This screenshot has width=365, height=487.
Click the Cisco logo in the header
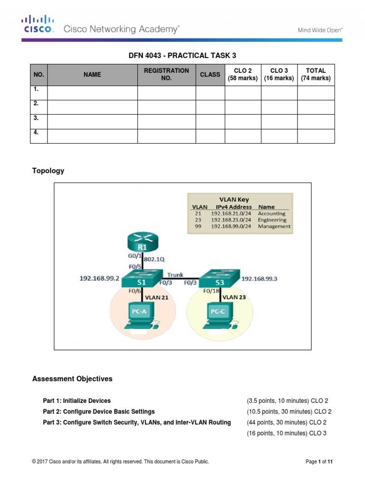(x=38, y=24)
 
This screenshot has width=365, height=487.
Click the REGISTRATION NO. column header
(x=166, y=74)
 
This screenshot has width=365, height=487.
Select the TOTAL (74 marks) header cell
(x=316, y=74)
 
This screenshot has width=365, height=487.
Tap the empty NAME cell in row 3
(x=92, y=122)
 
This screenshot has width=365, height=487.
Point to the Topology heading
(x=48, y=171)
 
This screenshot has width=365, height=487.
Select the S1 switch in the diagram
(x=142, y=279)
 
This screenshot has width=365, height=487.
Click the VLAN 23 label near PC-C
(x=235, y=297)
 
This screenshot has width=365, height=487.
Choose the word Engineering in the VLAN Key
(x=272, y=220)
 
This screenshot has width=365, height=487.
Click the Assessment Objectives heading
(x=72, y=379)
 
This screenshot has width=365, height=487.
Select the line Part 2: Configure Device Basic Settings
(x=98, y=411)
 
